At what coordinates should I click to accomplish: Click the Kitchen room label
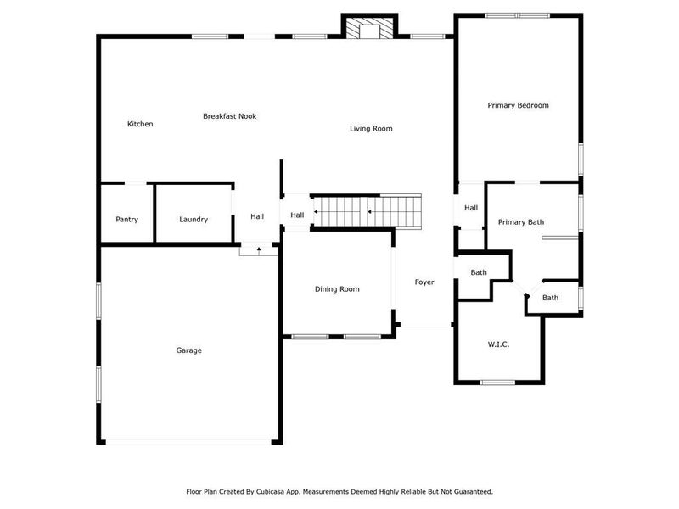(140, 125)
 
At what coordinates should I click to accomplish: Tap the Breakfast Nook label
(229, 116)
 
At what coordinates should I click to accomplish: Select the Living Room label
(371, 129)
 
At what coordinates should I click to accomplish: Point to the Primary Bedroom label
(518, 106)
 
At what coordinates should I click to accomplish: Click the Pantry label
(126, 220)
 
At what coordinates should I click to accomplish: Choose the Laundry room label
(194, 220)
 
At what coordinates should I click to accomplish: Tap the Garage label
(188, 350)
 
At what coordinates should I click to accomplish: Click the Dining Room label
(337, 289)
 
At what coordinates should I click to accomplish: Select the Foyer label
(424, 282)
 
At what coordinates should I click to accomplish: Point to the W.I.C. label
(497, 344)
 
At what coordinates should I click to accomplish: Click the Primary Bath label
(520, 222)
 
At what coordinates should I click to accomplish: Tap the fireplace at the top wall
(370, 30)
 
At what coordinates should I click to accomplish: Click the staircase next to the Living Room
(368, 210)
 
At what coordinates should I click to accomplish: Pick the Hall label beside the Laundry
(257, 217)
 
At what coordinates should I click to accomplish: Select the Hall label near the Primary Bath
(471, 208)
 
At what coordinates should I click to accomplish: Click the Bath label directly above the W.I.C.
(479, 272)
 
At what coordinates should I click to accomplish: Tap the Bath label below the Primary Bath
(550, 298)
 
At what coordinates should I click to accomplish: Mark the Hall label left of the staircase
(297, 215)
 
